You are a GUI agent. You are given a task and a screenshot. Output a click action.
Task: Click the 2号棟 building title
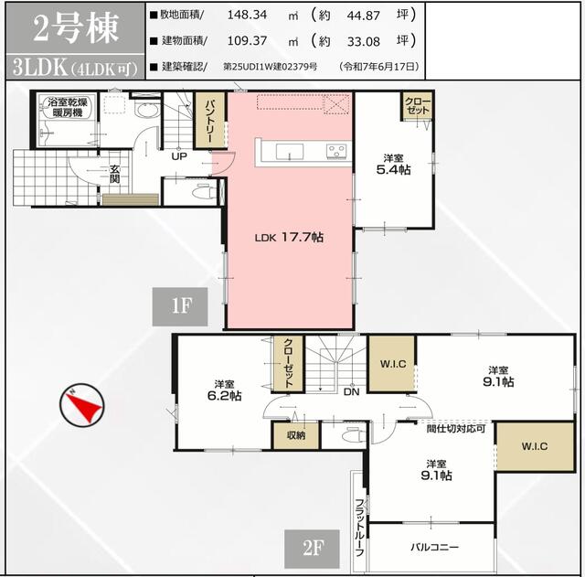pos(76,30)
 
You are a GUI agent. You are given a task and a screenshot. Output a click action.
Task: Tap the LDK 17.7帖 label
pos(290,237)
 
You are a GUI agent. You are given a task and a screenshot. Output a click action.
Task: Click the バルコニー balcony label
pos(435,548)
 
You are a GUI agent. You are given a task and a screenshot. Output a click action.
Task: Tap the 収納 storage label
pos(294,436)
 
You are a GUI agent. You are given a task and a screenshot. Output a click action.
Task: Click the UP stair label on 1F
pos(181,156)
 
